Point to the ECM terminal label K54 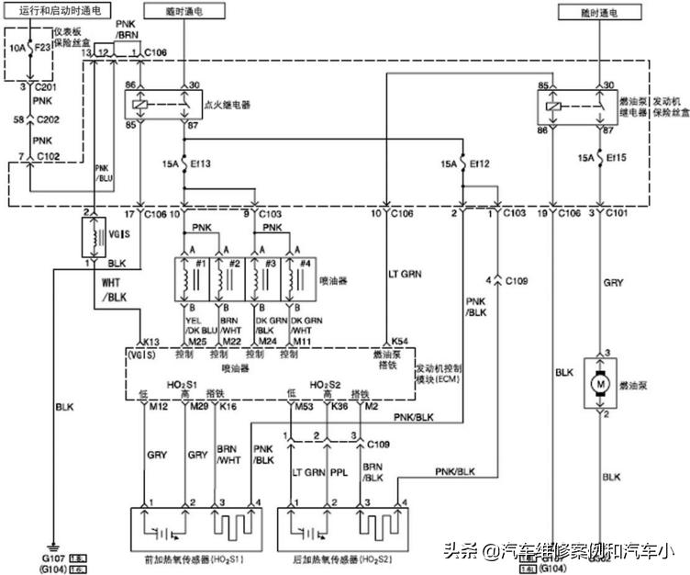pos(400,340)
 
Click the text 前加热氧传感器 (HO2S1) pos(199,558)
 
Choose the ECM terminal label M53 pos(303,404)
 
